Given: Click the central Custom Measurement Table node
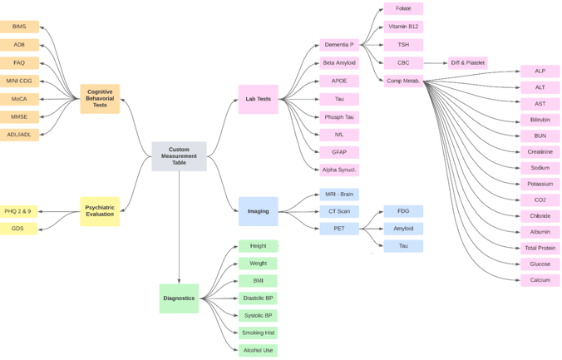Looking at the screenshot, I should coord(179,156).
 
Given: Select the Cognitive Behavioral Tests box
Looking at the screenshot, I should coord(100,99).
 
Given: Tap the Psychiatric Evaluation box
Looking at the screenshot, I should coord(100,211).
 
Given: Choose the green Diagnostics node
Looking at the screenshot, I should coord(179,298).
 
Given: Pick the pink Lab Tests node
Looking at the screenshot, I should coord(258,99).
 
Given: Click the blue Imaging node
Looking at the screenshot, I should coord(258,211).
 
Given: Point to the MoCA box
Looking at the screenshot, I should coord(19,99).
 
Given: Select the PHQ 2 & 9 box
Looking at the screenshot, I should coord(18,211).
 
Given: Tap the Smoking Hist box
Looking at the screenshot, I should coord(258,333).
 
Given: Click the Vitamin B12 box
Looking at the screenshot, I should coord(403,27).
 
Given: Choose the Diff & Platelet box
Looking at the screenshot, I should coord(467,62).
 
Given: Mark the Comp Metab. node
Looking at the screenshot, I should coord(403,81).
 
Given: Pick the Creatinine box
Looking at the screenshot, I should coord(540,152).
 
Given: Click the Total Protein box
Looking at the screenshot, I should coord(540,248).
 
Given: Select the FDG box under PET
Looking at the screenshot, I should coord(403,211).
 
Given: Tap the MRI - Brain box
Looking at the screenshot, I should coord(339,194).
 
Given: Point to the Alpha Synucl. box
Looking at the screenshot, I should coord(339,170).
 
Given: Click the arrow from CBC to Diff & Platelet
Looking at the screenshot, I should coord(435,62).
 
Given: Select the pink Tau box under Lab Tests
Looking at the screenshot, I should coord(339,99).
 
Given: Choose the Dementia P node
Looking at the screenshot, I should coord(339,44).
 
